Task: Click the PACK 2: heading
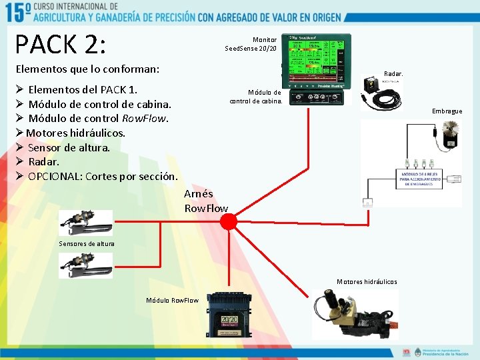tap(61, 44)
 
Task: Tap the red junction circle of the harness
tap(229, 221)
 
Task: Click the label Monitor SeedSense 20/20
tap(251, 44)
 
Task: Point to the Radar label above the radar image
tap(393, 74)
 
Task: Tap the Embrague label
tap(447, 111)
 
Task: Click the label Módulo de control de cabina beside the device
tap(256, 97)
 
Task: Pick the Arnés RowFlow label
tap(206, 201)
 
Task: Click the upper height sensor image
tap(86, 221)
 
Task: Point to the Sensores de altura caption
tap(87, 243)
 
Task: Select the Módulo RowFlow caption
tap(172, 300)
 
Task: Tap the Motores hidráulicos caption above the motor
tap(367, 282)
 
